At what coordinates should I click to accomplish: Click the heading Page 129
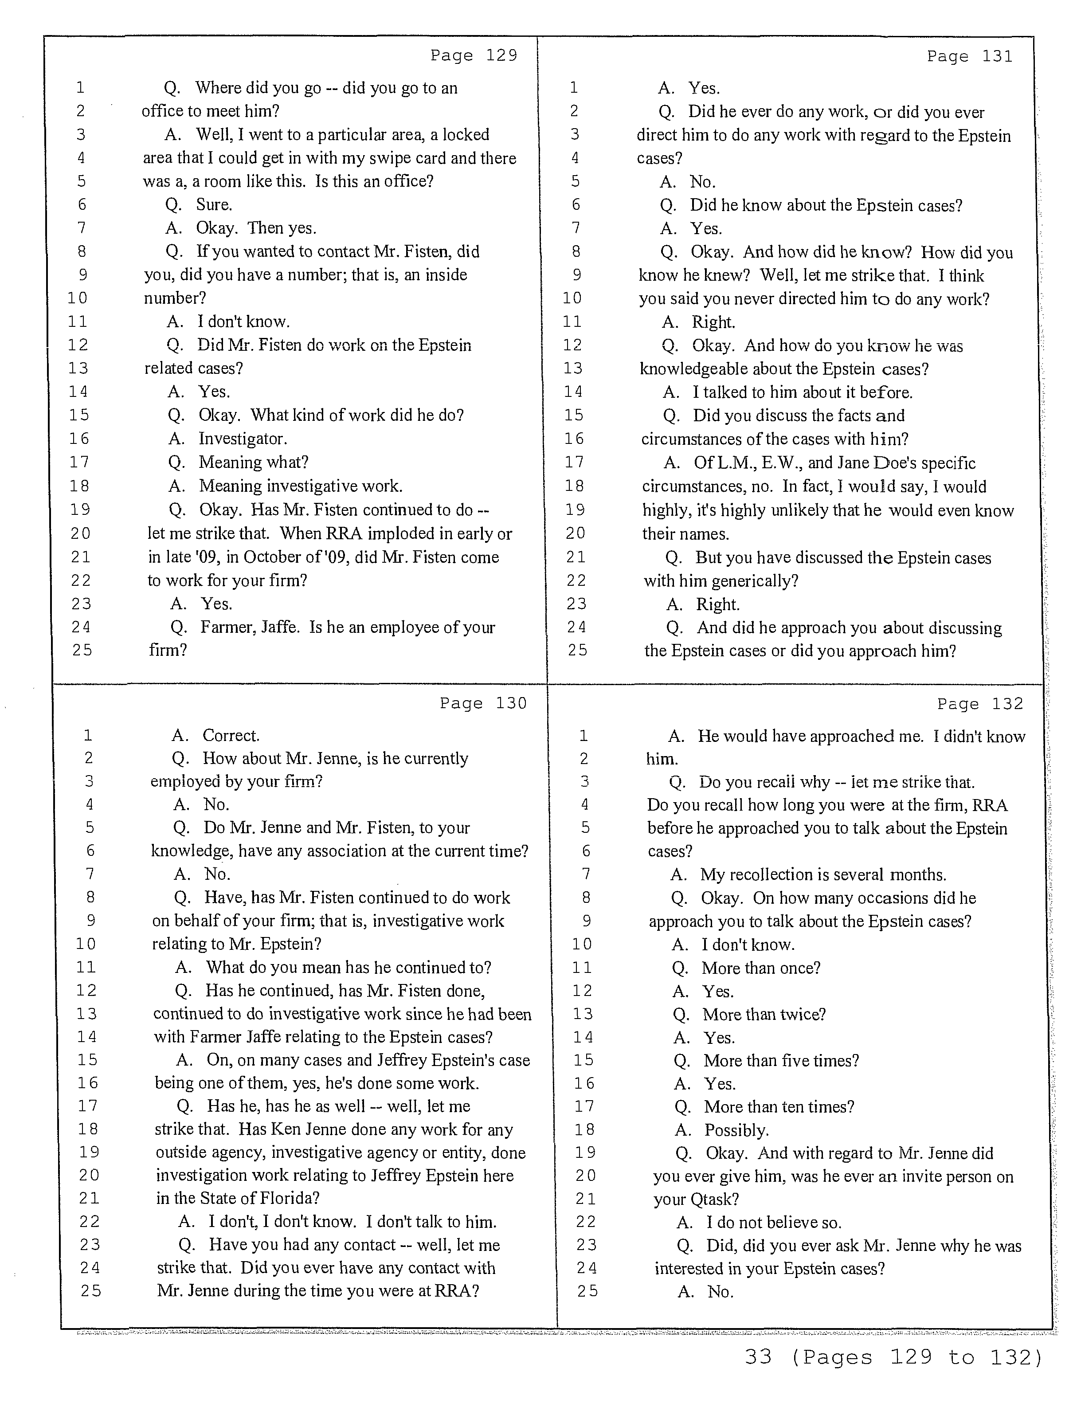[474, 56]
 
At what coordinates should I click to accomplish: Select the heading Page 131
[969, 56]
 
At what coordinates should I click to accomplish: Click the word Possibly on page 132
[736, 1130]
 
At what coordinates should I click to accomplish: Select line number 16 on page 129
[79, 439]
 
